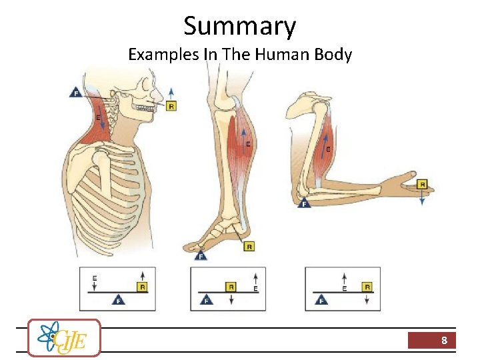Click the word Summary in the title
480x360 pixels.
point(239,26)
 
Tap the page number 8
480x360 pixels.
point(443,341)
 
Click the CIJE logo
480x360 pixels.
point(65,338)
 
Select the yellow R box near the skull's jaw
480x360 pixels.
point(171,106)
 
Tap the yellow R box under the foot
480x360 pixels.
point(249,247)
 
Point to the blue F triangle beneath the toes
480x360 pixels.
point(201,255)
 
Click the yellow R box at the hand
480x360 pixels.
point(421,184)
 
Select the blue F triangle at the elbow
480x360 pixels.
point(303,203)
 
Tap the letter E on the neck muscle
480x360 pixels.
point(99,117)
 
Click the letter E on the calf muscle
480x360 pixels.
point(248,143)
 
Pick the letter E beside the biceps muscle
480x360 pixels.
point(328,149)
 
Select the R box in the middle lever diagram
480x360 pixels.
point(231,287)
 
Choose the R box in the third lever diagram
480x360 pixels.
point(367,287)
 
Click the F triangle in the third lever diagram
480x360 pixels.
point(322,299)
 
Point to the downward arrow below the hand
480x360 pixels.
point(421,199)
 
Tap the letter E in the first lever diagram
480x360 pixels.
point(95,277)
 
